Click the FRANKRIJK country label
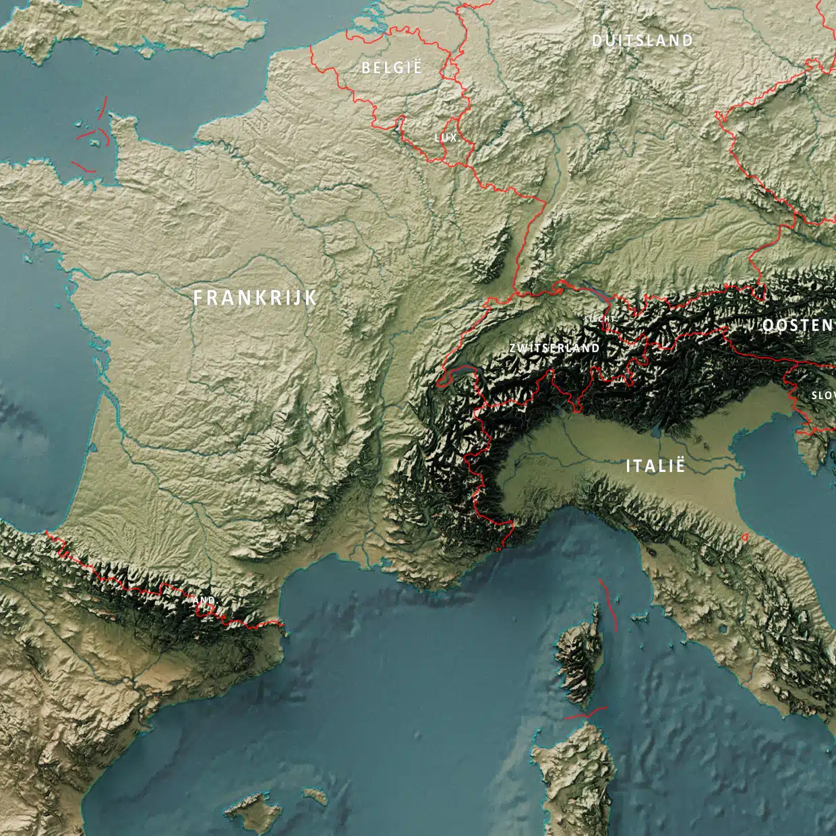pyautogui.click(x=255, y=298)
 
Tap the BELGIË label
pyautogui.click(x=391, y=67)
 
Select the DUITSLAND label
pyautogui.click(x=642, y=40)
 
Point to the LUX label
pyautogui.click(x=446, y=138)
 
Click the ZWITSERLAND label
pyautogui.click(x=554, y=348)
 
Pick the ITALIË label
pyautogui.click(x=655, y=465)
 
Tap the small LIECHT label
pyautogui.click(x=600, y=318)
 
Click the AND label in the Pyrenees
pyautogui.click(x=204, y=600)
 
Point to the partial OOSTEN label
pyautogui.click(x=798, y=325)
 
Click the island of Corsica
pyautogui.click(x=578, y=657)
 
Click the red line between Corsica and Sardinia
pyautogui.click(x=586, y=713)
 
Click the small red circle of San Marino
pyautogui.click(x=745, y=537)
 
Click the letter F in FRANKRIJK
pyautogui.click(x=198, y=298)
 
